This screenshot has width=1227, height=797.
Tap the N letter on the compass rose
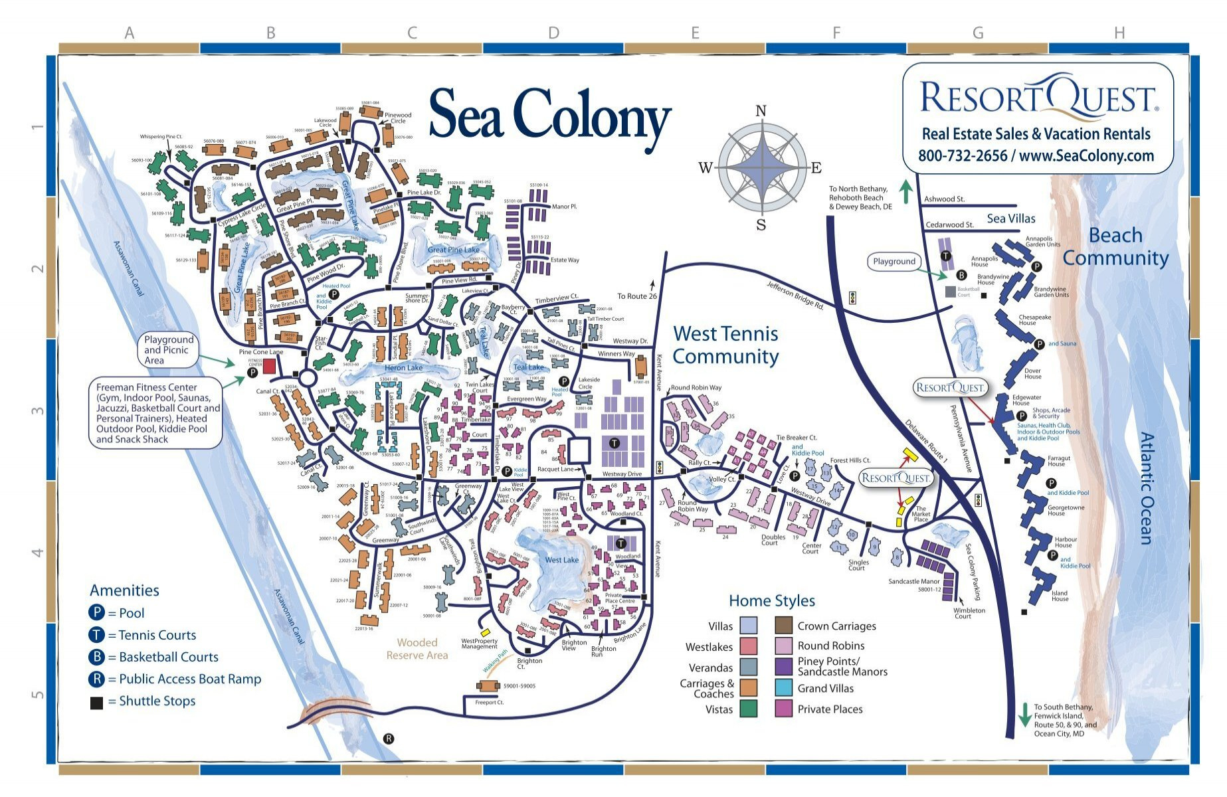click(761, 111)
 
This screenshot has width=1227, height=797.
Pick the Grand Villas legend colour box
click(784, 688)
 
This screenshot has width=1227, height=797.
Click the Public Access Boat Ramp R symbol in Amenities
click(96, 679)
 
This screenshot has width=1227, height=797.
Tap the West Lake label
click(561, 560)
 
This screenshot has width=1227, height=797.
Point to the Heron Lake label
click(403, 367)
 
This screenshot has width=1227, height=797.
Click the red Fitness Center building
click(270, 365)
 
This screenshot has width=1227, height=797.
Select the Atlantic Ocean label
click(1146, 488)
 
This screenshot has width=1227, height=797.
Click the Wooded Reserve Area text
click(417, 649)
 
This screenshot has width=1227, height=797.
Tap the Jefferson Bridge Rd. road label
click(795, 296)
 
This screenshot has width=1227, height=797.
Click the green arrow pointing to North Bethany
click(905, 191)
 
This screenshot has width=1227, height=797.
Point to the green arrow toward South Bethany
click(1024, 714)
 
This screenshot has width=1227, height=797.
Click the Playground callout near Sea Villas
click(894, 262)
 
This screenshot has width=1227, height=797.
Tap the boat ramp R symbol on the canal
click(389, 739)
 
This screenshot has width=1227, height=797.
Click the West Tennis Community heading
click(725, 345)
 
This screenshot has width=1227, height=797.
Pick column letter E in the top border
click(695, 33)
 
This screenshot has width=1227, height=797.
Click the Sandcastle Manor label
click(914, 581)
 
